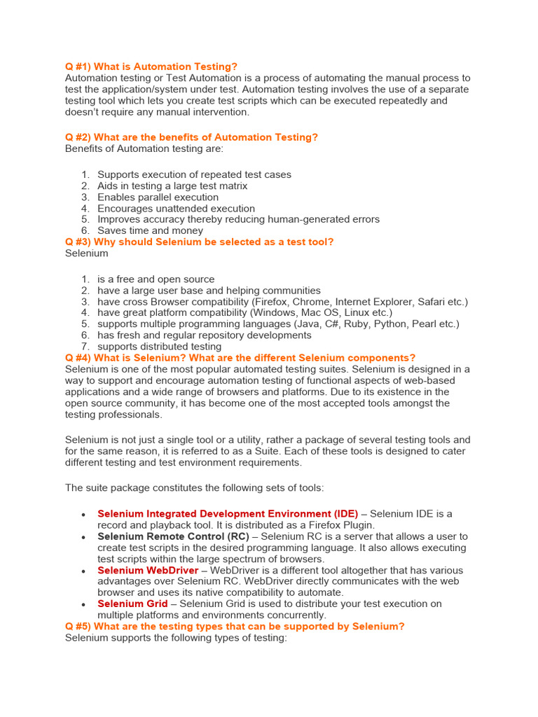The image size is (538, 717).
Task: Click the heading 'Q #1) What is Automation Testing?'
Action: tap(151, 67)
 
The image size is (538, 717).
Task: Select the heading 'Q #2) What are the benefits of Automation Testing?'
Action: tap(191, 137)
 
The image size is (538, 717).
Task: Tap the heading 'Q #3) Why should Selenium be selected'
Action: tap(199, 242)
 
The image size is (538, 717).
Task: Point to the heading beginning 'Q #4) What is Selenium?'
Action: tap(240, 358)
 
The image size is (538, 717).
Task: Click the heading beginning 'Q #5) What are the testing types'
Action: tap(235, 627)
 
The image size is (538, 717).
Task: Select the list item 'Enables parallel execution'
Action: tap(158, 197)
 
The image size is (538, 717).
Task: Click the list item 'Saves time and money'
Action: tap(150, 230)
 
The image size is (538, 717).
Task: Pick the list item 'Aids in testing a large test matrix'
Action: tap(172, 186)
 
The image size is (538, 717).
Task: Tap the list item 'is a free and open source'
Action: tap(156, 279)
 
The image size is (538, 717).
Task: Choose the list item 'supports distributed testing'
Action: tap(159, 347)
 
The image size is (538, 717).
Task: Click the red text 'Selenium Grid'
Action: tap(132, 604)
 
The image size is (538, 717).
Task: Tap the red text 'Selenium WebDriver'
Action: tap(148, 571)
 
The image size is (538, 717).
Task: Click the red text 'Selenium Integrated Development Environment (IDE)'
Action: tap(228, 514)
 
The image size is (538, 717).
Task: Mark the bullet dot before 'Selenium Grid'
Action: tap(83, 604)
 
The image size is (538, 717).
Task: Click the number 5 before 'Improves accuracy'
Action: tap(85, 220)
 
